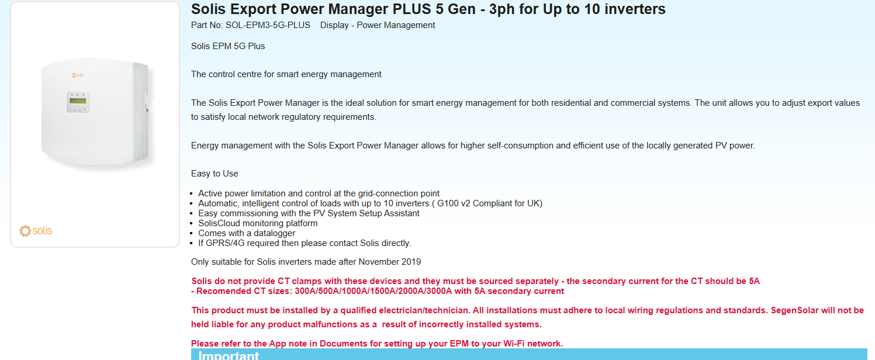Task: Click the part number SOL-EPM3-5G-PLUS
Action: click(268, 25)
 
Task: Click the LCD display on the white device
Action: click(78, 101)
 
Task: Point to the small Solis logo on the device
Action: click(78, 75)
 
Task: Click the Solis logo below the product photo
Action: click(36, 231)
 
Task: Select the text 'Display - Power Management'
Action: click(378, 25)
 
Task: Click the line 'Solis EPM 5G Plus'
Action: click(228, 46)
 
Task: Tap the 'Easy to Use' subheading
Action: click(215, 174)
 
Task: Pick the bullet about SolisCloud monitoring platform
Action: click(258, 223)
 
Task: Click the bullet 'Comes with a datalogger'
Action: click(247, 233)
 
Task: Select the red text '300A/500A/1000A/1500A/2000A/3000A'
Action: click(373, 291)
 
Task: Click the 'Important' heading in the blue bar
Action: click(229, 356)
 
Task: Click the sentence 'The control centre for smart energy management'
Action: click(286, 74)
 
